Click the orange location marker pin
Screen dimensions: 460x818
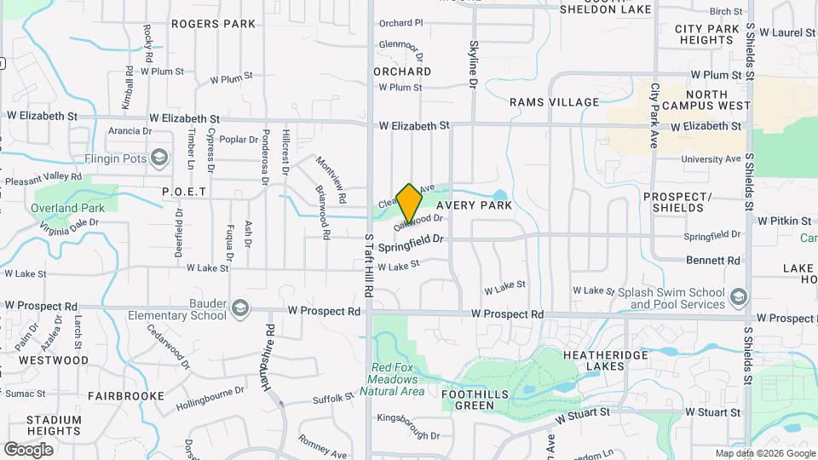point(409,203)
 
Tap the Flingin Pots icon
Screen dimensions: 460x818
point(159,158)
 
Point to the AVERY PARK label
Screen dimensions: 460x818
point(474,205)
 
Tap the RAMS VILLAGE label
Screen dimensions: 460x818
point(555,102)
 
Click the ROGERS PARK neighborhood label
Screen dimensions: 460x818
point(213,24)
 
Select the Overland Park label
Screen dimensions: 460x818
point(67,208)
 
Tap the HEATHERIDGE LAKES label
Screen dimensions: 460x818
point(593,359)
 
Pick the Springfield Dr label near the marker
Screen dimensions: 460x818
point(412,245)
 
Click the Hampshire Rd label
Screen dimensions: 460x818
point(268,355)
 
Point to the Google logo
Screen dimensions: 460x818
point(28,449)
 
